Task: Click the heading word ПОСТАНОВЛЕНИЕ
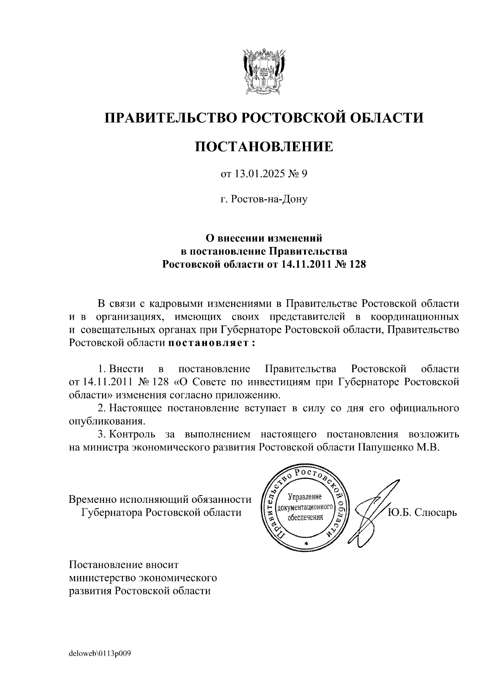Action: pos(264,146)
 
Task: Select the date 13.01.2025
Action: pos(257,174)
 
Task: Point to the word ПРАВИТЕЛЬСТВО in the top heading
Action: pos(169,118)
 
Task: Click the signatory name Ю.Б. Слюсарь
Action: pos(422,513)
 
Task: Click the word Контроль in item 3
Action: pos(132,434)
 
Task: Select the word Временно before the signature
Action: pos(92,500)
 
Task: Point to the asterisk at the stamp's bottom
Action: pos(306,543)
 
